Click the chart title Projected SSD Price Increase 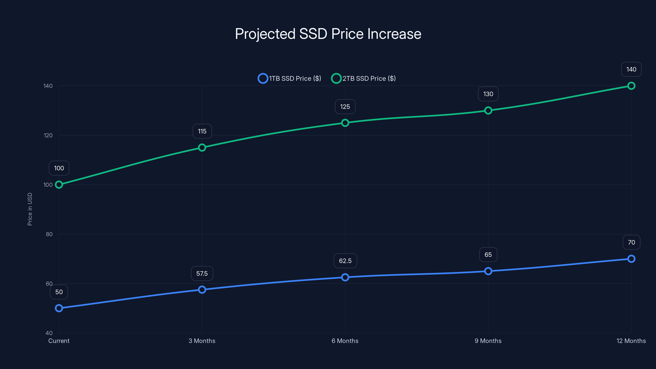tap(328, 34)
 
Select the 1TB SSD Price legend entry tap(289, 79)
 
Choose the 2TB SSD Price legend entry tap(363, 79)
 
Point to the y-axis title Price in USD tap(30, 209)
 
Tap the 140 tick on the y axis tap(48, 86)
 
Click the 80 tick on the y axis tap(49, 234)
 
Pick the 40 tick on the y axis tap(49, 333)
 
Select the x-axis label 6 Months tap(345, 341)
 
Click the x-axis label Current tap(59, 341)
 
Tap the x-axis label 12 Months tap(631, 341)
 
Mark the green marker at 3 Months tap(202, 147)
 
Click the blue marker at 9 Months tap(488, 271)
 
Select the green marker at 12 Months tap(631, 86)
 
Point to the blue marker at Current tap(59, 308)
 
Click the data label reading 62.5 tap(345, 261)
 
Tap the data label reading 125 tap(345, 107)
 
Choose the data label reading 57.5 tap(202, 273)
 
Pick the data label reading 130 tap(488, 94)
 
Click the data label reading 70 tap(631, 243)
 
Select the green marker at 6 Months tap(345, 123)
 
